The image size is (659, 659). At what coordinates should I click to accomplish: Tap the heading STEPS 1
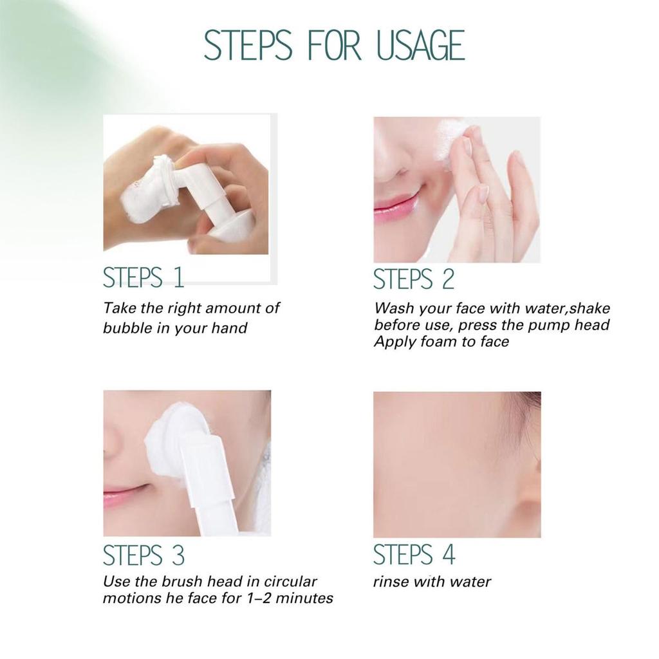click(144, 278)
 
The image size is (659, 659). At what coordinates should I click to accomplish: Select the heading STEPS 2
click(414, 279)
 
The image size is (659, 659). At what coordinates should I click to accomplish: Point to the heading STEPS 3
click(144, 555)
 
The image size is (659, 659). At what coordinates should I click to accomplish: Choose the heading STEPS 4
click(414, 555)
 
